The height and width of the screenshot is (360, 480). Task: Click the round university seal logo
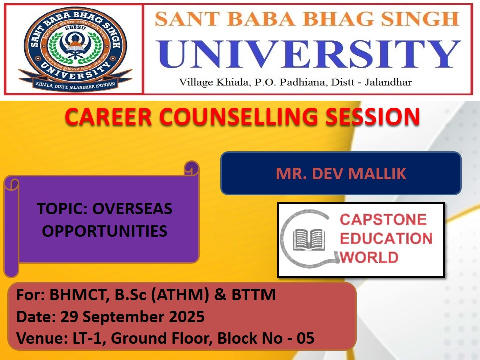pos(75,49)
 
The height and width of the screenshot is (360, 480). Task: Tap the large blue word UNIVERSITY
pos(308,54)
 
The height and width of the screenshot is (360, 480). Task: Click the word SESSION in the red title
pos(372,116)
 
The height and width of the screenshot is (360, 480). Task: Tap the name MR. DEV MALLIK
pos(341,173)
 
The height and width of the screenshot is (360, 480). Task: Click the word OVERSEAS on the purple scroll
pos(132,209)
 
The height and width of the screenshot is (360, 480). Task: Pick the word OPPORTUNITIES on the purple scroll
pos(105,231)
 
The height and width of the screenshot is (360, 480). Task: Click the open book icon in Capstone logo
pos(308,239)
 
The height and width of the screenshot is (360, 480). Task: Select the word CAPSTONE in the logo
pos(383,220)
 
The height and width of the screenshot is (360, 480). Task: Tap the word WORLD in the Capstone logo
pos(369,257)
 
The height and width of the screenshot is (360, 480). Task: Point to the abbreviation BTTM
pos(254,295)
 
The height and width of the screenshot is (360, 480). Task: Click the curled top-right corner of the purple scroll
pos(192,168)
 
